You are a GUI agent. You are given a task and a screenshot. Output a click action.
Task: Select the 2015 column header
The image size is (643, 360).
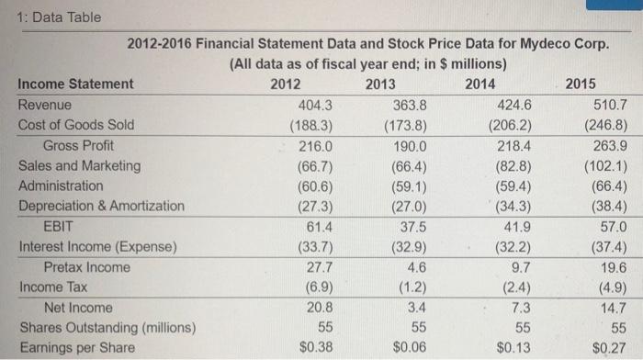581,84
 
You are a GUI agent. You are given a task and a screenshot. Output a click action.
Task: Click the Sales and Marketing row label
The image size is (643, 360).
80,166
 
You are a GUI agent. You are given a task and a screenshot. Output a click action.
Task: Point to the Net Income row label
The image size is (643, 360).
78,308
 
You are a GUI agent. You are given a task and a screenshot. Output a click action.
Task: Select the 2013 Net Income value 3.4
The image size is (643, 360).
415,308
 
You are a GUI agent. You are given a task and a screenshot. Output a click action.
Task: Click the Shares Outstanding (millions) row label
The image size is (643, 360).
107,328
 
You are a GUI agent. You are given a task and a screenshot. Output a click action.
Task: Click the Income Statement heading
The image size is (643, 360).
75,84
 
